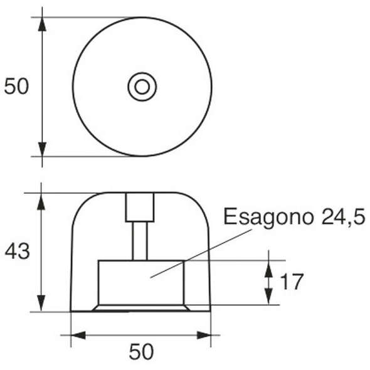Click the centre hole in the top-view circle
(142, 87)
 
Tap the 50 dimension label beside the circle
(17, 87)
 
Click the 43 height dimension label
(17, 251)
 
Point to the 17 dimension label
(291, 282)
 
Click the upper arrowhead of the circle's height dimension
(43, 24)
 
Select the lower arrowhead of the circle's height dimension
(43, 149)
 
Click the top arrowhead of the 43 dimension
(43, 200)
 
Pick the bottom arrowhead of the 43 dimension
(43, 304)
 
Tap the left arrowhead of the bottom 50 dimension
(78, 336)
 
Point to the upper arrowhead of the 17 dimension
(268, 268)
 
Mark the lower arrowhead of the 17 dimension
(268, 298)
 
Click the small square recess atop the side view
(139, 206)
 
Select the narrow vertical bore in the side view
(139, 240)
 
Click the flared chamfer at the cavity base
(141, 308)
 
